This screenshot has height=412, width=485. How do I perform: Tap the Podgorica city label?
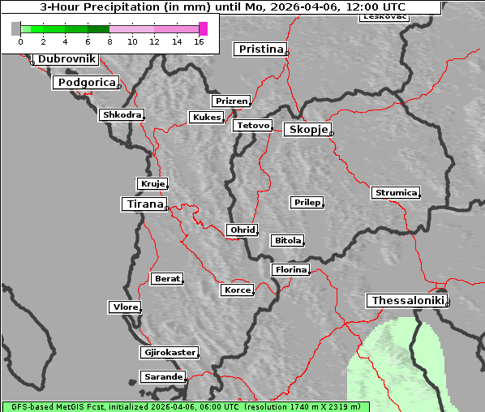coord(86,83)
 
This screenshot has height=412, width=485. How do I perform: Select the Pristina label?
coord(260,49)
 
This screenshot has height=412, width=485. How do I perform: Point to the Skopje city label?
coord(307,130)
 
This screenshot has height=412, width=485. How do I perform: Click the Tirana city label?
coord(144,204)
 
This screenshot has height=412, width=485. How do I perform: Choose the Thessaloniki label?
coord(407,301)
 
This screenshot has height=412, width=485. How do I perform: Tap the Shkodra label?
coord(122,115)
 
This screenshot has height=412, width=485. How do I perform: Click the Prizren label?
coord(231,101)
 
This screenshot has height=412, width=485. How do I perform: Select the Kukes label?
coord(206,118)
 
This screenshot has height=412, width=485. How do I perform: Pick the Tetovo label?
coord(252,126)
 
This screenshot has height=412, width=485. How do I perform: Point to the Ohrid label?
coord(242,230)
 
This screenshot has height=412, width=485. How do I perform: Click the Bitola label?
coord(287,241)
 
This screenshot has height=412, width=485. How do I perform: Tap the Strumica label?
coord(396,193)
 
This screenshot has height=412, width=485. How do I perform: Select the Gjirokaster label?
coord(169,353)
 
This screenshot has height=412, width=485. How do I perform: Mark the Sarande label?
coord(162,377)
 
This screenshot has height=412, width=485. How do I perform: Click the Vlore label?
coord(125,307)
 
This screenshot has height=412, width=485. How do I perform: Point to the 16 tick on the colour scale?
coord(199,41)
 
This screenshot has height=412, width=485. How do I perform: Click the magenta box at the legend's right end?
coord(203,28)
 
